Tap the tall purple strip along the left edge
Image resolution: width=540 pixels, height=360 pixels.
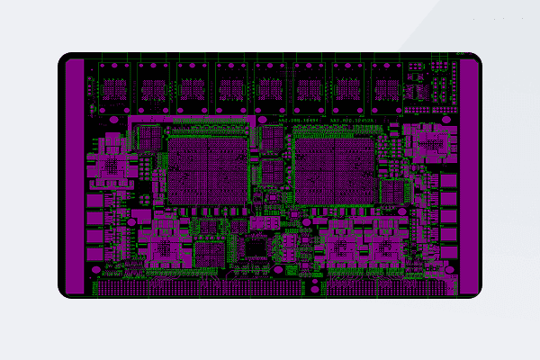75,176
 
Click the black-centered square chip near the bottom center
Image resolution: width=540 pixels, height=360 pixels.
257,245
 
